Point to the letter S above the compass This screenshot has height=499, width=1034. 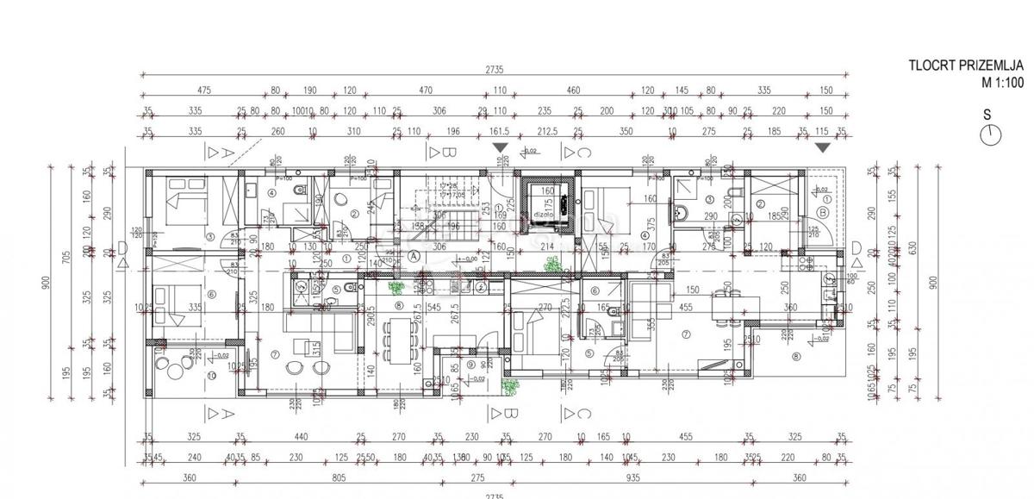[987, 114]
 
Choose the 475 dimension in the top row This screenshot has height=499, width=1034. [204, 90]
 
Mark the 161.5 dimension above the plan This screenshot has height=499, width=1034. [500, 132]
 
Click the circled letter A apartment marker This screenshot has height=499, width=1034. [414, 255]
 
